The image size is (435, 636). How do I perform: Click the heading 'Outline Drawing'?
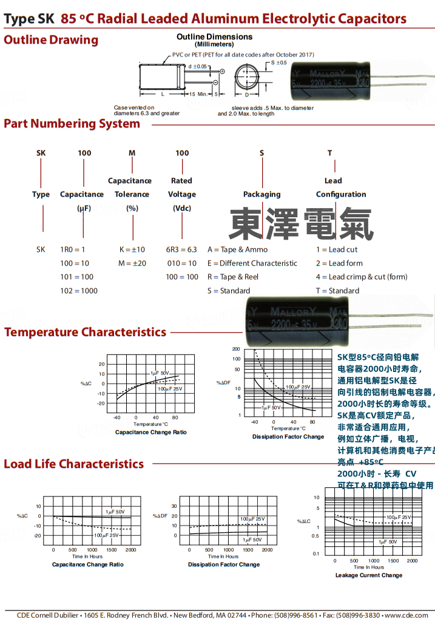51,40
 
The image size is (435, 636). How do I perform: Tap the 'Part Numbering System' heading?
72,124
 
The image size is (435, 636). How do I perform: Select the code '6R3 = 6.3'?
182,249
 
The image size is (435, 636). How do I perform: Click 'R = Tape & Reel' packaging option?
232,277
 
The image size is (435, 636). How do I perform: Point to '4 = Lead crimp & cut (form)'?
362,277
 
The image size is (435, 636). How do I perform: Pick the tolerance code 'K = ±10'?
132,249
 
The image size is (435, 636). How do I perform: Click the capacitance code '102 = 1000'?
78,291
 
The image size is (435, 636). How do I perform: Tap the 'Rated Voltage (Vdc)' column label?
181,194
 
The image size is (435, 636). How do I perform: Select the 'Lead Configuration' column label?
340,188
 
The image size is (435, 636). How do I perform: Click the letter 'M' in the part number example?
132,153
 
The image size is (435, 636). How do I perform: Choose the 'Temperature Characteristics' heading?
85,332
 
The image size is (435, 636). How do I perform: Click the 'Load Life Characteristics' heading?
74,464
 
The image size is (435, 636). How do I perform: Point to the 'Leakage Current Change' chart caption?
369,575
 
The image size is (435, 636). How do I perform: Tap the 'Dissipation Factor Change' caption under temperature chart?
288,437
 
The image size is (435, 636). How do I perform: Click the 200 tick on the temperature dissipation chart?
237,350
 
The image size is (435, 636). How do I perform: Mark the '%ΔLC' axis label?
304,521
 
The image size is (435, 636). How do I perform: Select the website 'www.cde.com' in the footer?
406,615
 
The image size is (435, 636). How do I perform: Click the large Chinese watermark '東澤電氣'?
300,224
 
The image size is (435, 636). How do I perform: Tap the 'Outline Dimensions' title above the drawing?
214,37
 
